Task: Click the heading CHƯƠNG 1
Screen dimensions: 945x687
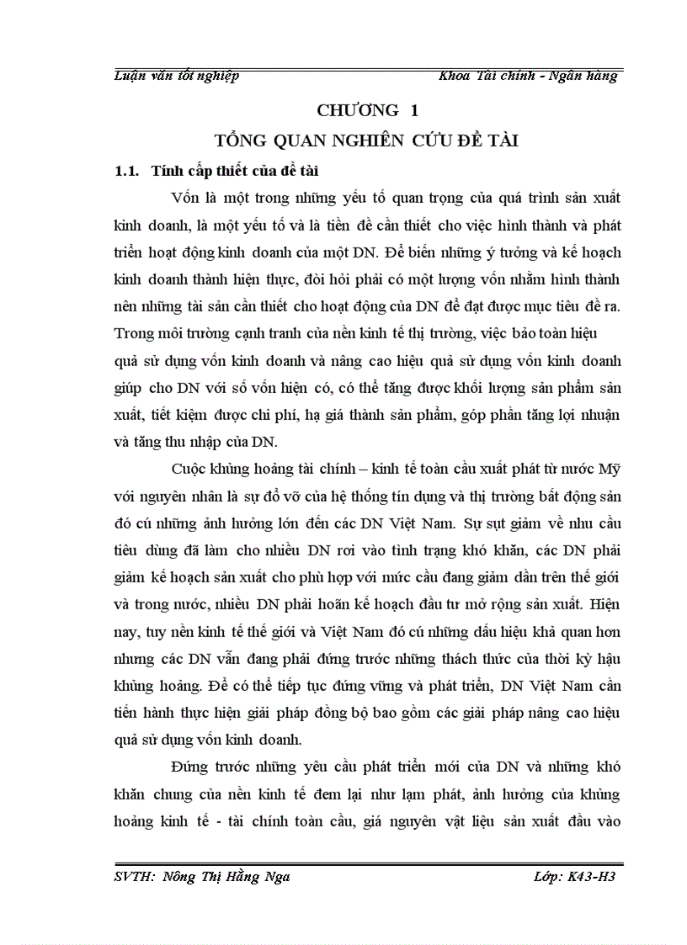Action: tap(367, 110)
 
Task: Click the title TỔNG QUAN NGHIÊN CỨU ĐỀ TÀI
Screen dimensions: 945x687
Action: tap(366, 141)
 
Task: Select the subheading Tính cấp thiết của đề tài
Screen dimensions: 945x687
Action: tap(233, 172)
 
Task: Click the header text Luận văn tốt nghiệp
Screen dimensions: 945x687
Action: tap(176, 76)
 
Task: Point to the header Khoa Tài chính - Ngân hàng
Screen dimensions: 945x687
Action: tap(528, 76)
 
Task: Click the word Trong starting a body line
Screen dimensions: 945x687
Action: tap(133, 332)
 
